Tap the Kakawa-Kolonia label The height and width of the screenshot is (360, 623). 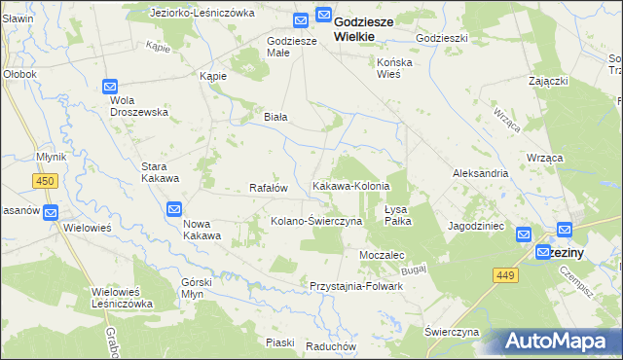(350, 186)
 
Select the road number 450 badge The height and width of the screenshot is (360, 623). (45, 180)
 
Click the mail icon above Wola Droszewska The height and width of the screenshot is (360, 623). (111, 87)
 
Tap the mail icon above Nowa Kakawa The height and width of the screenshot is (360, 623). (174, 208)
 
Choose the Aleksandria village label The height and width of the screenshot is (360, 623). (481, 172)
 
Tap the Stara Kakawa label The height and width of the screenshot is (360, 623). (160, 172)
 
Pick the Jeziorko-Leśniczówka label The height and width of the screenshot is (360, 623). (202, 14)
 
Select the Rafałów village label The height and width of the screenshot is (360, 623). (269, 188)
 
